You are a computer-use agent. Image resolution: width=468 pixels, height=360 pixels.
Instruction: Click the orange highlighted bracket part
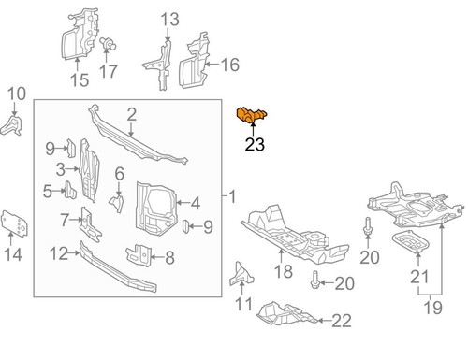(x=251, y=117)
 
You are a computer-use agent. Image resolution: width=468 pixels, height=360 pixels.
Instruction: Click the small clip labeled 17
(x=107, y=43)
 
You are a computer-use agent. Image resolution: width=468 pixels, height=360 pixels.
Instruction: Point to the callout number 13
(x=168, y=19)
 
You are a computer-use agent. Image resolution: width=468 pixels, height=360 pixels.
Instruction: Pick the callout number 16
(x=230, y=65)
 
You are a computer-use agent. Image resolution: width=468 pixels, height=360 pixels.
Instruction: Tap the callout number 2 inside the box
(x=132, y=114)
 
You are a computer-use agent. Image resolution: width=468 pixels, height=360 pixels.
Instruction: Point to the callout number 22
(x=341, y=321)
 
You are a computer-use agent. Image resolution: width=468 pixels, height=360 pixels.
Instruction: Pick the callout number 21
(x=418, y=275)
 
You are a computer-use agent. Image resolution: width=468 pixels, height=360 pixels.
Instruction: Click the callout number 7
(x=65, y=221)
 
